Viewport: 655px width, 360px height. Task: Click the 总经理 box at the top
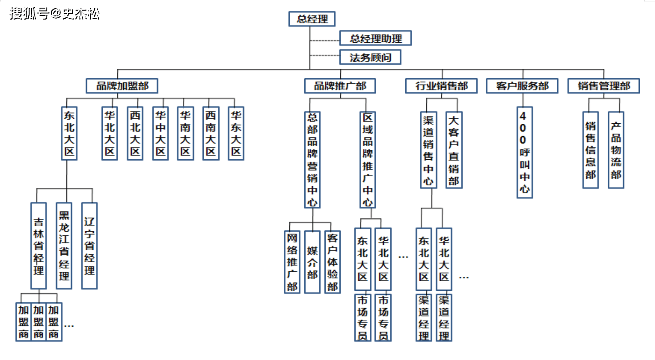(312, 19)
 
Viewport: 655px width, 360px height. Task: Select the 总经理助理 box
(376, 39)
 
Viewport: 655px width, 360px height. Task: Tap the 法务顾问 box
(370, 58)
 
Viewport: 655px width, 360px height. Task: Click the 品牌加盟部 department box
(122, 86)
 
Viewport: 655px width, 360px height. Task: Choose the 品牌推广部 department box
(340, 86)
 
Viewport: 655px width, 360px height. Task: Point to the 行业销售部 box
(441, 86)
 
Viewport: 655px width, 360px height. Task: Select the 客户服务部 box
(522, 86)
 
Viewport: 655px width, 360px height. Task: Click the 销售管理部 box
(604, 86)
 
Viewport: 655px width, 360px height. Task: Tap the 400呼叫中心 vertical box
(524, 152)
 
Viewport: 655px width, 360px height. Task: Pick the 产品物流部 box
(616, 150)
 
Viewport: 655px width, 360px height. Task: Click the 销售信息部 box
(590, 150)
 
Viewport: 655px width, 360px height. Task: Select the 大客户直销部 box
(453, 150)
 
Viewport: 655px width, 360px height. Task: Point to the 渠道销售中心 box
(428, 150)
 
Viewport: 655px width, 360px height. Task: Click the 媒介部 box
(312, 262)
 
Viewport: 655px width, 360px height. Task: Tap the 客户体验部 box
(333, 262)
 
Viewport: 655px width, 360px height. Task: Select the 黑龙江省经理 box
(64, 246)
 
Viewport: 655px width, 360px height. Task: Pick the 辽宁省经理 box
(89, 246)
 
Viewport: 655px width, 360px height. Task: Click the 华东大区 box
(236, 133)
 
